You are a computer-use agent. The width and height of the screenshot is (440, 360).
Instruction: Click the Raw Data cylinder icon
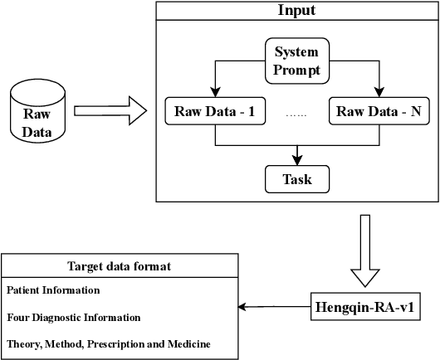36,111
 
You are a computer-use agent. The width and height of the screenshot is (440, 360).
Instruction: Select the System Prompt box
296,61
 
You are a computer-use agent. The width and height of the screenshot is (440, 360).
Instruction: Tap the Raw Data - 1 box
215,112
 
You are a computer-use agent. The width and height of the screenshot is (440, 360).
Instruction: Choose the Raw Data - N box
379,112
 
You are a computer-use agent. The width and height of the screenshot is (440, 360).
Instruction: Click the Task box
296,178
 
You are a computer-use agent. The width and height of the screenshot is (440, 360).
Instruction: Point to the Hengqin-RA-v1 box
365,308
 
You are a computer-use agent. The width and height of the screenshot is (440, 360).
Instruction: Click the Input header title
296,11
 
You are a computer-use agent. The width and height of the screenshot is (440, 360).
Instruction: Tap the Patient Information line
53,290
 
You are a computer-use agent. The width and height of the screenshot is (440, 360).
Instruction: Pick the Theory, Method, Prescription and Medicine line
108,343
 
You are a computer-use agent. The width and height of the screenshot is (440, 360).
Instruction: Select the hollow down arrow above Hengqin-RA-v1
365,251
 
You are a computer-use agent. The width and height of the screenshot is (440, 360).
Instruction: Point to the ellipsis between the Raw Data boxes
296,114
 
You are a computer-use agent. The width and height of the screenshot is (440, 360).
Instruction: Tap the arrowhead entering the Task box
296,160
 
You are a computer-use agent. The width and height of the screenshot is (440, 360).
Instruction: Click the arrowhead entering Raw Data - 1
215,94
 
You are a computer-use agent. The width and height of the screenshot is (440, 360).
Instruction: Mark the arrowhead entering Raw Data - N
379,94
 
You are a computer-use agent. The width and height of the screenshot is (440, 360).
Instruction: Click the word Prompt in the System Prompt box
296,70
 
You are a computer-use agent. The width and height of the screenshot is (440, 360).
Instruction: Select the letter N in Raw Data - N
415,112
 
